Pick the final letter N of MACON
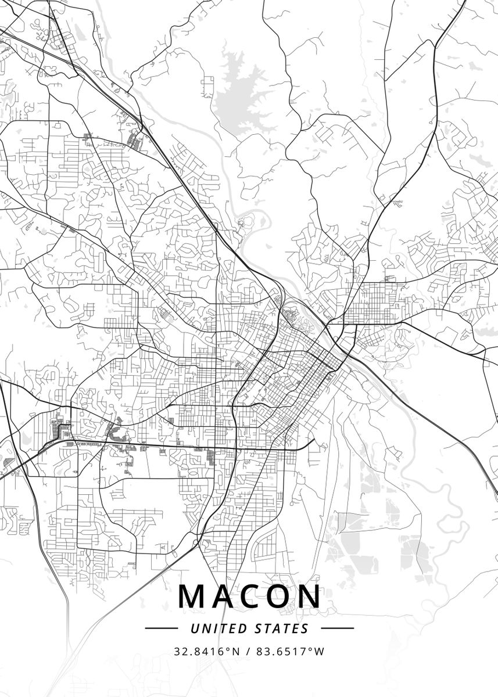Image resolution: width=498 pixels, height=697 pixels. (310, 597)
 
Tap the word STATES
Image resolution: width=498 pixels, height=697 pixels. (282, 628)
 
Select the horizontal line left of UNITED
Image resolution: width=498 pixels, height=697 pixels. (161, 628)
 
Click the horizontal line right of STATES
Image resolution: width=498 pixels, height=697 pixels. (337, 628)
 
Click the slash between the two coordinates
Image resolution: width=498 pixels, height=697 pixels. (248, 652)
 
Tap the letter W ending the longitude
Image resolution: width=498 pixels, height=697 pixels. (320, 652)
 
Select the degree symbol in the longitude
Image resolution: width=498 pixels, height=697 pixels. (311, 649)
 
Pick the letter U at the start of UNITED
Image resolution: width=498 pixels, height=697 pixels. (194, 628)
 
